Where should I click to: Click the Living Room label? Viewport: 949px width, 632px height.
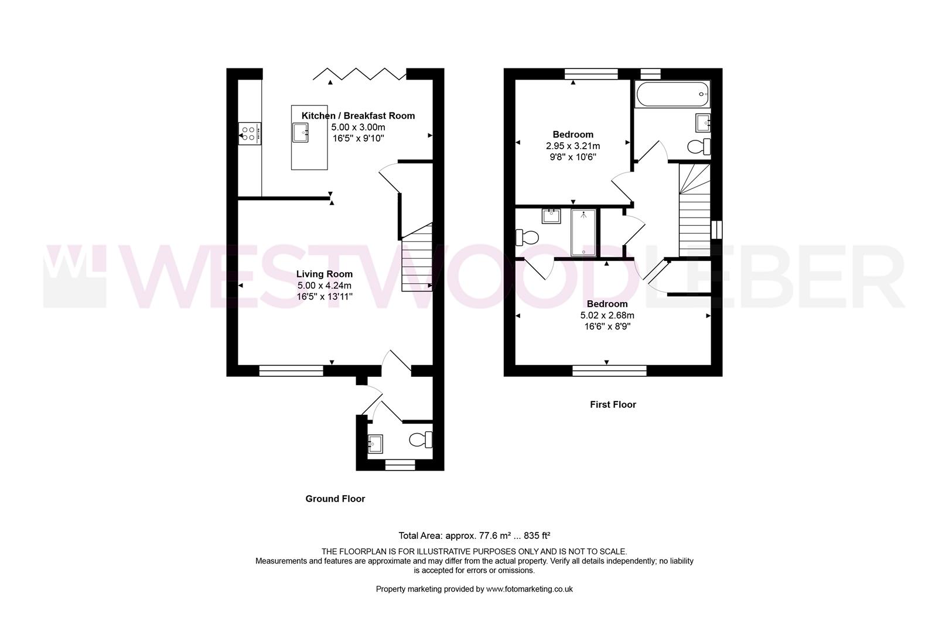(x=324, y=274)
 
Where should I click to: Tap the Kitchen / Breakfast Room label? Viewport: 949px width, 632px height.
(x=358, y=115)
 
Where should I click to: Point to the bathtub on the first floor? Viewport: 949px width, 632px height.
(x=673, y=94)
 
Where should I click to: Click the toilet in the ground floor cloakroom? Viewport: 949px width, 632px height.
(x=422, y=439)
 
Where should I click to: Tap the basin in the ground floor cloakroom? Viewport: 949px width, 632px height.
(x=374, y=443)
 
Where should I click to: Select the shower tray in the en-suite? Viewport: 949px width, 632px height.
(x=583, y=232)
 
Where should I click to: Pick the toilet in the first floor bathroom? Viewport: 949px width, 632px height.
(x=699, y=146)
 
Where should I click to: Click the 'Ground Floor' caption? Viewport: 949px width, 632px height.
(x=335, y=499)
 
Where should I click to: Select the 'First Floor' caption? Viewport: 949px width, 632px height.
(x=613, y=404)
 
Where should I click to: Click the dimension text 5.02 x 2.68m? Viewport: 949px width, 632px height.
(x=607, y=315)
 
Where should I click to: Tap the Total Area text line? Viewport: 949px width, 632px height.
(x=474, y=535)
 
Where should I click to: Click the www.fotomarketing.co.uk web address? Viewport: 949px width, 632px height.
(x=529, y=589)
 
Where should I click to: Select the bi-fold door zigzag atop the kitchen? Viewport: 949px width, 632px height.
(x=359, y=74)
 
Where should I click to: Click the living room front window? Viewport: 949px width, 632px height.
(x=291, y=370)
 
